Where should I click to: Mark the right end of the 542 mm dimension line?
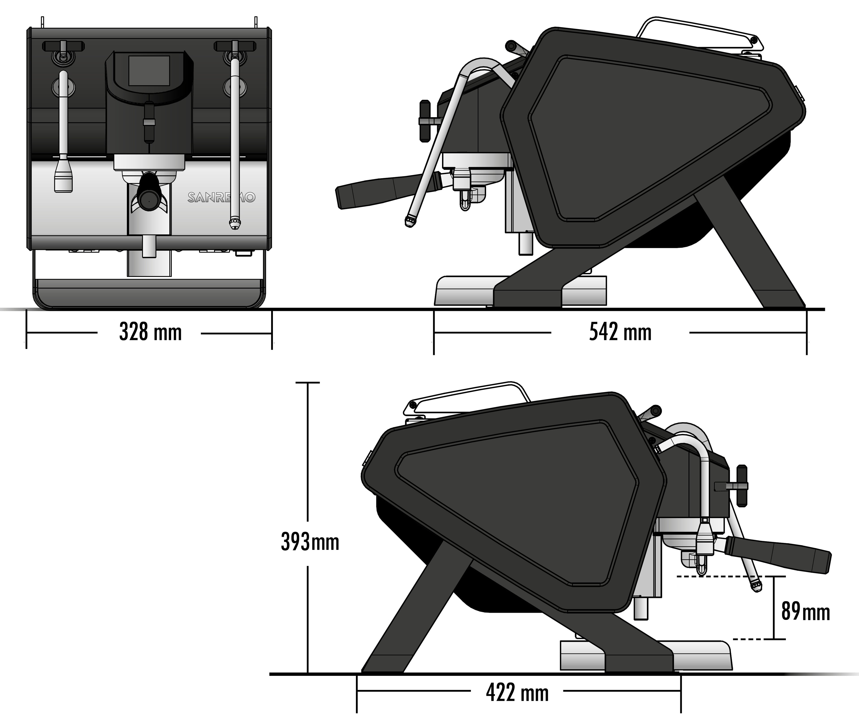[807, 332]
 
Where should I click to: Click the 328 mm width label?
[151, 332]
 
